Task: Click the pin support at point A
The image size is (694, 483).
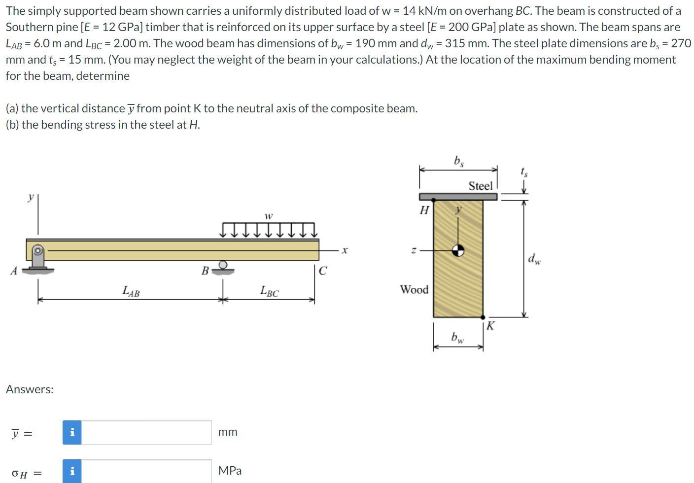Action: pyautogui.click(x=38, y=259)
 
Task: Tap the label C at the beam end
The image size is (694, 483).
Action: pyautogui.click(x=322, y=271)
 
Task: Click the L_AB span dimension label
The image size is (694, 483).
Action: pyautogui.click(x=131, y=292)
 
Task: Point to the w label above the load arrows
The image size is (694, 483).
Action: pyautogui.click(x=268, y=216)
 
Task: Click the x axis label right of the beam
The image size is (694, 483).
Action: pyautogui.click(x=345, y=250)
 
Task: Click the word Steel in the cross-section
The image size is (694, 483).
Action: pyautogui.click(x=480, y=186)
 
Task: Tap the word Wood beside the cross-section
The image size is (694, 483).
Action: pyautogui.click(x=414, y=289)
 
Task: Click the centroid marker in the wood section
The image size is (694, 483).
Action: pyautogui.click(x=458, y=250)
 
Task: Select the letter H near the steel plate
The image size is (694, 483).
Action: pyautogui.click(x=424, y=210)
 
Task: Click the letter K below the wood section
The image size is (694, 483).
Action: pyautogui.click(x=490, y=326)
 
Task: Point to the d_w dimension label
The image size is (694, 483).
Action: pyautogui.click(x=534, y=258)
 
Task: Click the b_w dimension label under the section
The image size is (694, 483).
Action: pyautogui.click(x=457, y=338)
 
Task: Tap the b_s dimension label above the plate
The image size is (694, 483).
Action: pyautogui.click(x=458, y=161)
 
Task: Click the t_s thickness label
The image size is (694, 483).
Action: pyautogui.click(x=524, y=172)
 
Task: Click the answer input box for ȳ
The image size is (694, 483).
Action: pyautogui.click(x=146, y=432)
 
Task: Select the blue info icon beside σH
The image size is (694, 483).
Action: pyautogui.click(x=72, y=471)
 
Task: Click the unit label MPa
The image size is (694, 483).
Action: pyautogui.click(x=230, y=471)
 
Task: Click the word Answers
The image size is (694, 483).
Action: pyautogui.click(x=30, y=389)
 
